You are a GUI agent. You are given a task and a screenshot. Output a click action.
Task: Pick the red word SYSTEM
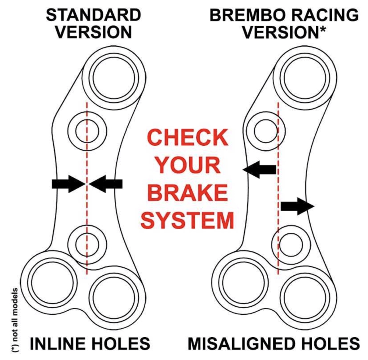coord(188,221)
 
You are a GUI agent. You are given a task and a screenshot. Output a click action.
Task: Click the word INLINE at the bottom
coord(59,344)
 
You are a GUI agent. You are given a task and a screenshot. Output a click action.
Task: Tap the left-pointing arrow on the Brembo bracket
coord(260,169)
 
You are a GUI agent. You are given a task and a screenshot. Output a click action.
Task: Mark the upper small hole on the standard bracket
coord(87,131)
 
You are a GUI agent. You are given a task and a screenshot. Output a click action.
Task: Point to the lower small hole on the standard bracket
coord(87,243)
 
